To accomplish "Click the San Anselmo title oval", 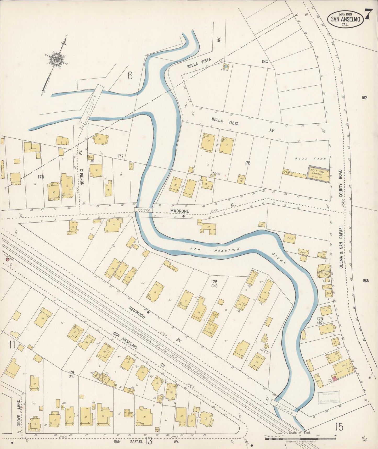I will point(345,19).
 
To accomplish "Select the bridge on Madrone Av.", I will point(144,210).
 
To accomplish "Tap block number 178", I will point(247,163).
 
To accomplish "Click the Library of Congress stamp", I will point(329,397).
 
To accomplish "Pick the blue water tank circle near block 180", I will point(226,67).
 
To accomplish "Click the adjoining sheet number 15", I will point(339,427).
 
